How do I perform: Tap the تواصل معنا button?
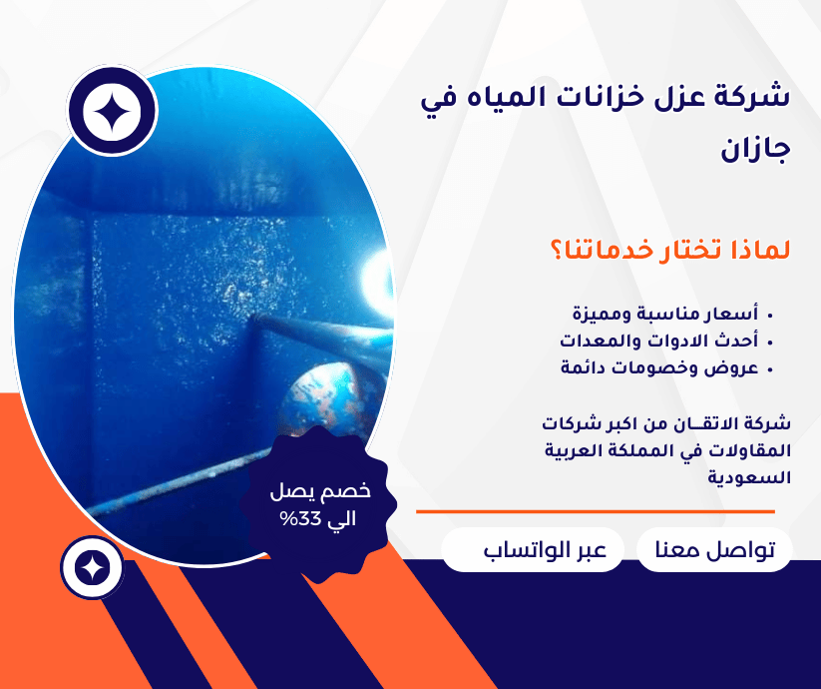click(x=714, y=550)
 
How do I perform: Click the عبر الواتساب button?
click(x=532, y=550)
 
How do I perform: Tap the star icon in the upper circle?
click(x=111, y=113)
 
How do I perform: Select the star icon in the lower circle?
click(x=92, y=568)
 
